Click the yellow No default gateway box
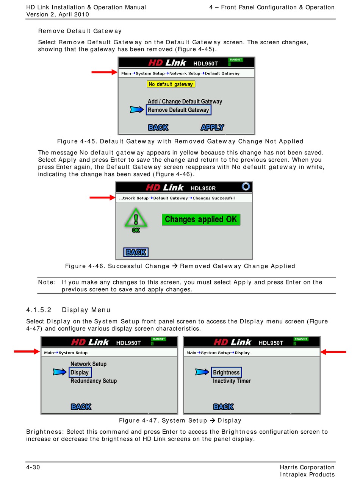click(x=171, y=84)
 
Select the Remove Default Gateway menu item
click(x=178, y=110)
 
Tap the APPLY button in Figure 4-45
click(x=212, y=127)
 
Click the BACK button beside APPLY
click(x=158, y=127)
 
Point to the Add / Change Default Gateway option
click(x=185, y=101)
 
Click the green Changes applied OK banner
click(x=201, y=219)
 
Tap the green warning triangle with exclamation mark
click(x=136, y=218)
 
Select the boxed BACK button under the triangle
click(x=136, y=252)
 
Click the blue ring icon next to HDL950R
click(x=246, y=186)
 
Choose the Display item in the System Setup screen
click(x=80, y=372)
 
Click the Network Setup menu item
click(x=88, y=364)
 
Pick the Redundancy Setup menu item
click(x=94, y=381)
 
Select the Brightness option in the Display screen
click(x=226, y=372)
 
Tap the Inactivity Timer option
click(x=232, y=381)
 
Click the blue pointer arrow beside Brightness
click(x=202, y=372)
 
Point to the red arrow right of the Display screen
click(x=333, y=352)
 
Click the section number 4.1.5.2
click(x=39, y=310)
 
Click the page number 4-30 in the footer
click(x=33, y=467)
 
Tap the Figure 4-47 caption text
click(x=180, y=420)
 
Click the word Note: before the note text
click(x=47, y=282)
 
